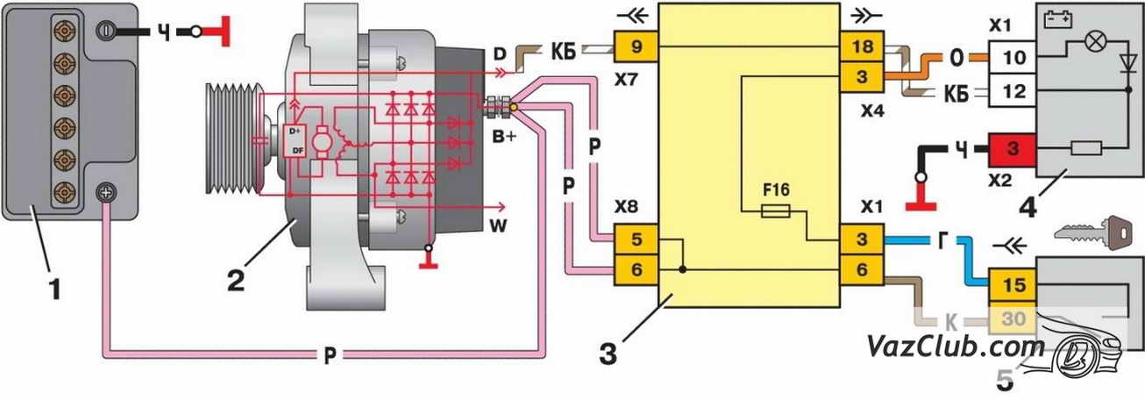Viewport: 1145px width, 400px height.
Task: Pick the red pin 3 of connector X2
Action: tap(1013, 149)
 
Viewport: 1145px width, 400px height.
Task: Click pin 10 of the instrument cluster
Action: tap(1013, 57)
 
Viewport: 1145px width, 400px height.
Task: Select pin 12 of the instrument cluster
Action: tap(1013, 90)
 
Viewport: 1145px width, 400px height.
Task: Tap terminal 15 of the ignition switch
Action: tap(1013, 286)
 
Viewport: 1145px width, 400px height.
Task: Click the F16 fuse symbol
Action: tap(776, 211)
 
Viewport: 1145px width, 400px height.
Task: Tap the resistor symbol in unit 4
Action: tap(1086, 149)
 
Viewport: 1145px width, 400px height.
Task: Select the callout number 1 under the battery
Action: tap(55, 286)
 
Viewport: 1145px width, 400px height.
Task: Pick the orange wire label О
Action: tap(957, 60)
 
